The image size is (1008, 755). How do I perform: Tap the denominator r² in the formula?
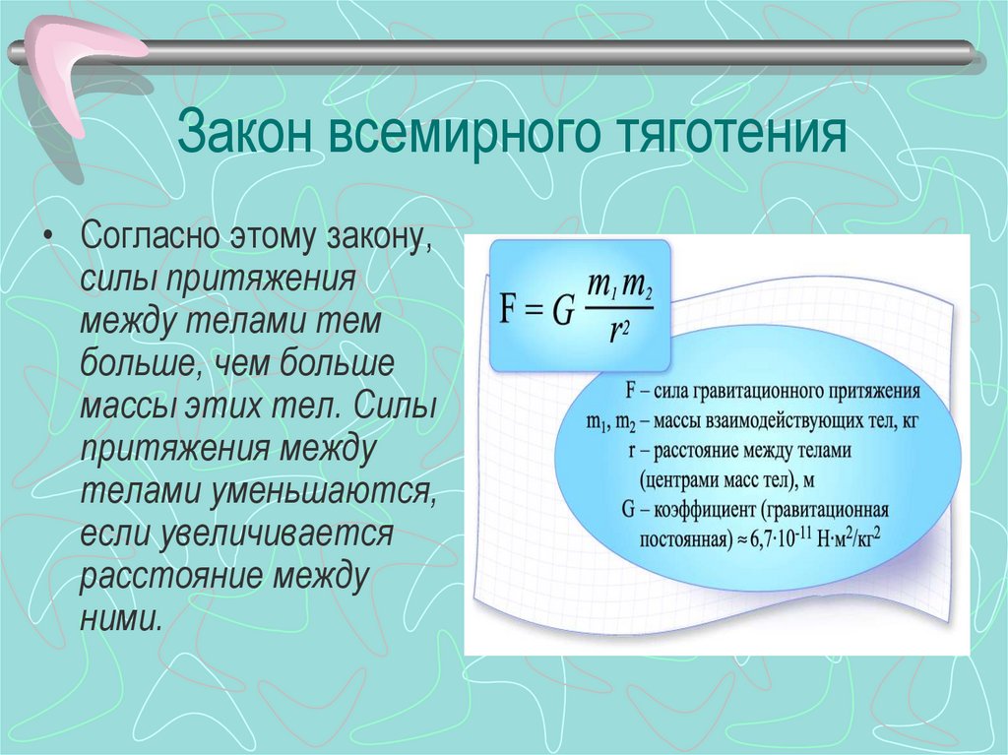click(619, 332)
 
